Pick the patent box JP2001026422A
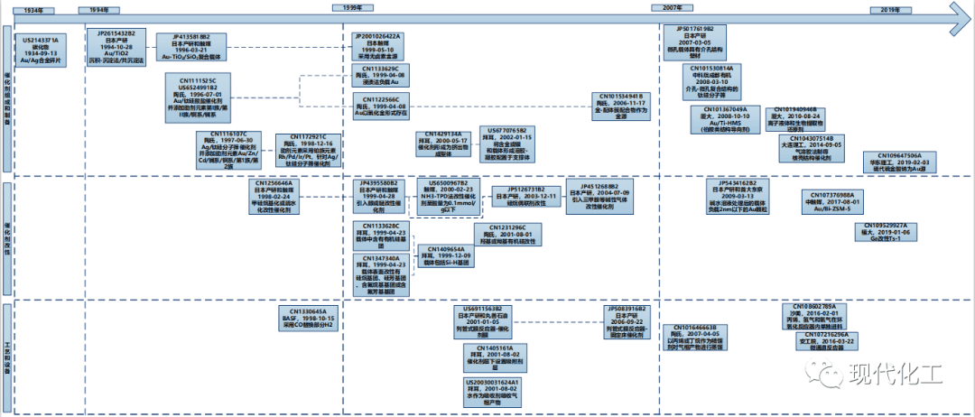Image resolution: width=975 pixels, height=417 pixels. pyautogui.click(x=377, y=42)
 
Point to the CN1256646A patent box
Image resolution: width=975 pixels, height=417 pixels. pyautogui.click(x=278, y=192)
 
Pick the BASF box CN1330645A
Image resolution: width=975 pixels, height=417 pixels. pyautogui.click(x=310, y=318)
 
